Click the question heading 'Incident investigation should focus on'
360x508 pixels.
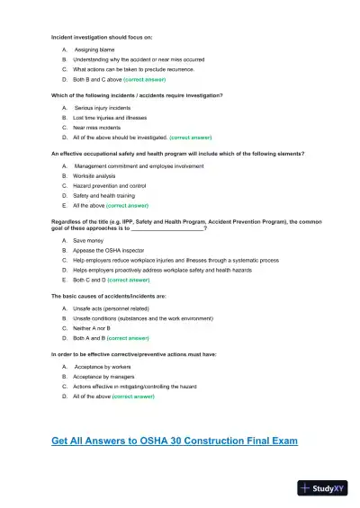coord(102,37)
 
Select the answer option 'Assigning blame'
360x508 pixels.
coord(98,50)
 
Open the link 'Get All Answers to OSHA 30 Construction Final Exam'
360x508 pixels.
coord(175,441)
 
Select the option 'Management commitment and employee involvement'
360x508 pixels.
coord(139,165)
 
